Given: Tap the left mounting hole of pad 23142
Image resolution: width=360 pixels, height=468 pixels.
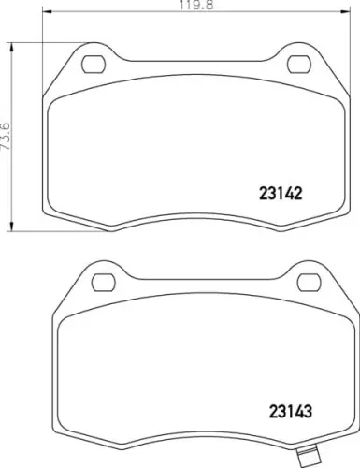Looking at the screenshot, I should coord(94,65).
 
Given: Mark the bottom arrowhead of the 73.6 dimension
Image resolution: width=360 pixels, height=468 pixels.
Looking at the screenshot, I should coord(12,227).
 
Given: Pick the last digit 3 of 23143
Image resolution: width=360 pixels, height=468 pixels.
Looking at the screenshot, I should coord(306,409).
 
